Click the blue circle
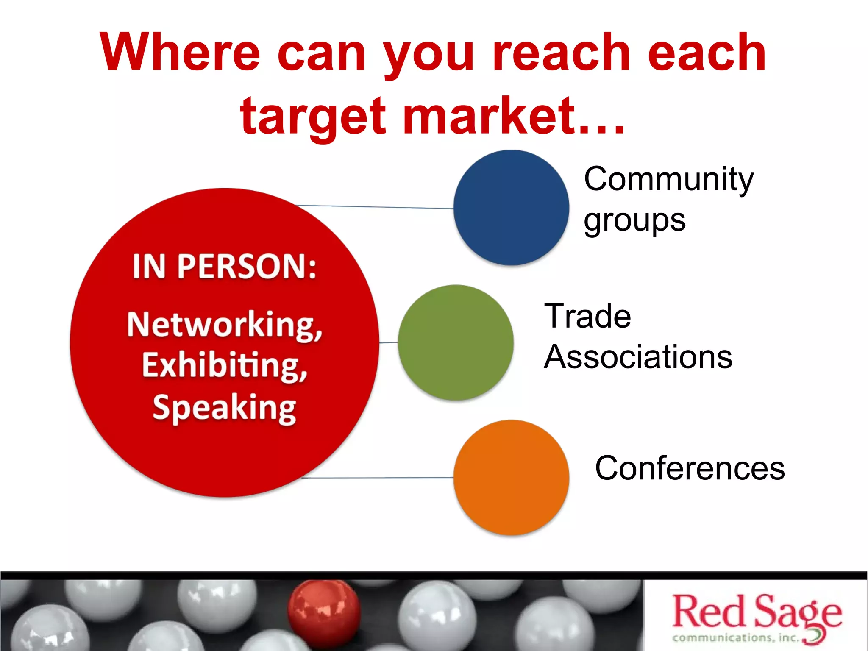pos(511,208)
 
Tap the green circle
pos(456,342)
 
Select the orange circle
pos(511,478)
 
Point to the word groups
pos(634,220)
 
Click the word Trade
pos(587,316)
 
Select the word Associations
pos(638,357)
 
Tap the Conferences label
pos(690,468)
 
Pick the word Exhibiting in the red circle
pos(224,366)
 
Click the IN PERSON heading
pos(224,267)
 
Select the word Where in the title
pos(180,53)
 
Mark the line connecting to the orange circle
pos(377,478)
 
